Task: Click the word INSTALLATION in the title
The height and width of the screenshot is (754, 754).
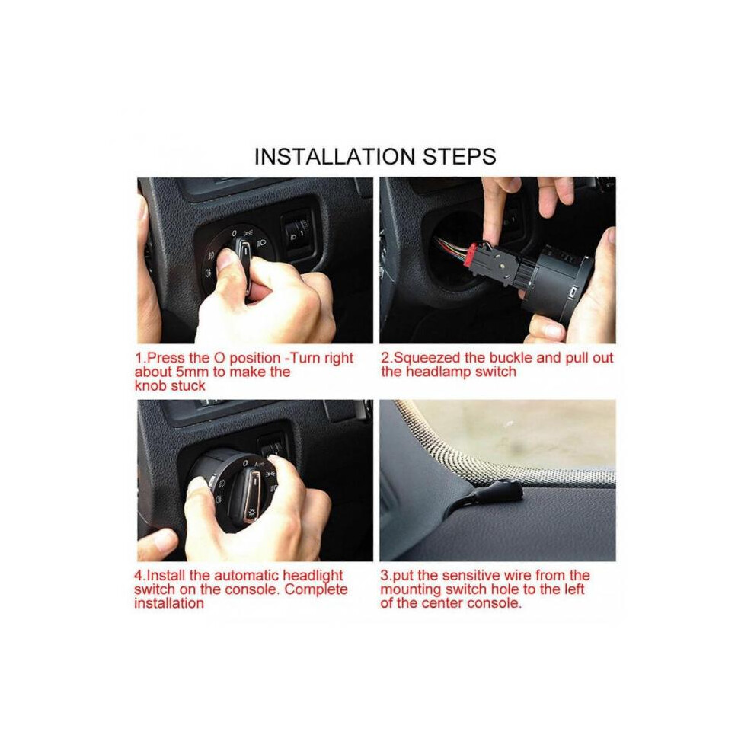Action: pyautogui.click(x=334, y=156)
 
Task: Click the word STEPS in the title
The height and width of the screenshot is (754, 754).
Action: pyautogui.click(x=459, y=156)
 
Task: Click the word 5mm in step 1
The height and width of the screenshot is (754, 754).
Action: pyautogui.click(x=193, y=372)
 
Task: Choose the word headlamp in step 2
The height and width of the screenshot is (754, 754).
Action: pyautogui.click(x=439, y=372)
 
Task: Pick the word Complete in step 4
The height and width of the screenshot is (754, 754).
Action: pyautogui.click(x=316, y=589)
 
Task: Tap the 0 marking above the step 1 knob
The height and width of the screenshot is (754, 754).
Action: pyautogui.click(x=234, y=233)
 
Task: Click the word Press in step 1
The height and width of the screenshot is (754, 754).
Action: pyautogui.click(x=166, y=358)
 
